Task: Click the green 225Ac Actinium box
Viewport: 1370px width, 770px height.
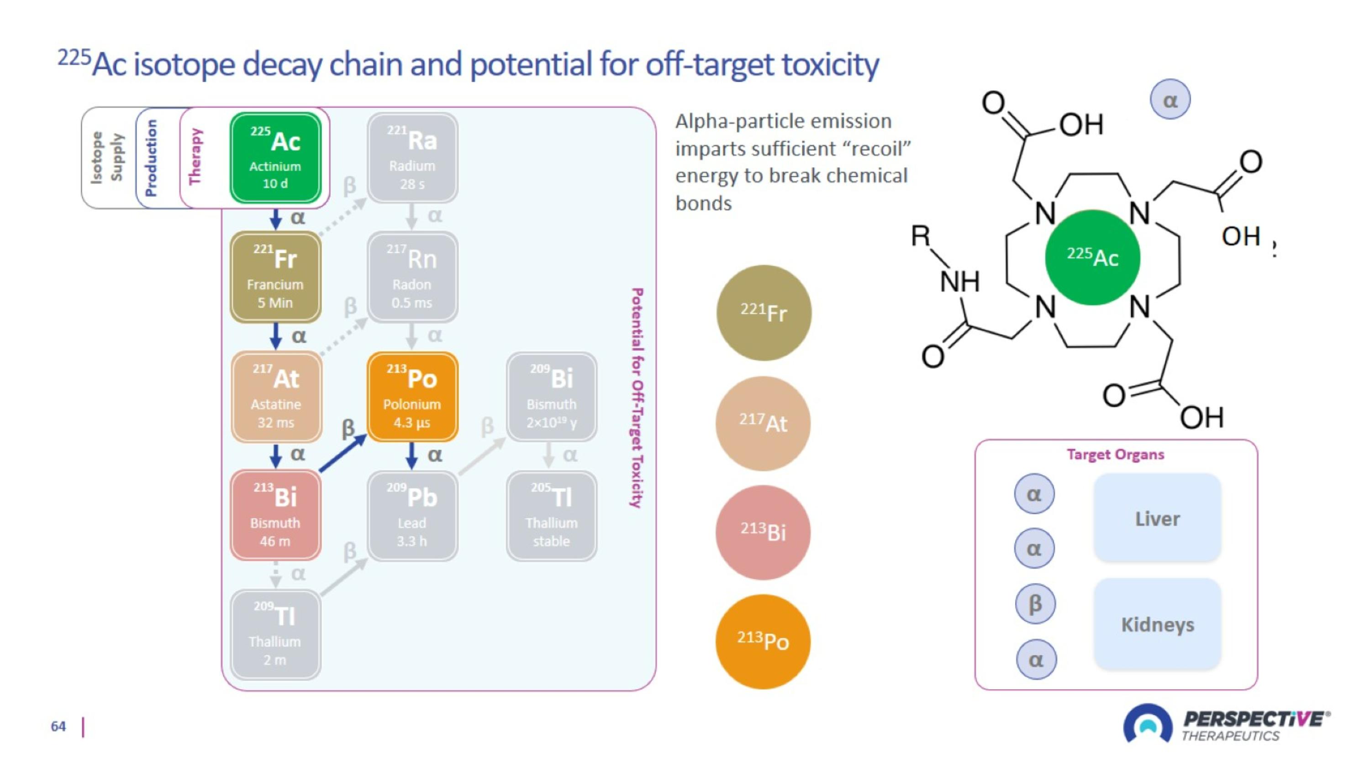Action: click(275, 158)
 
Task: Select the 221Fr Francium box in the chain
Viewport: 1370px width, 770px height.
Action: click(275, 277)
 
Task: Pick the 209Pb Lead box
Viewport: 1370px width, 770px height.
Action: click(412, 515)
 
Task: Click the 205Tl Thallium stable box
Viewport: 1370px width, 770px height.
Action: click(552, 515)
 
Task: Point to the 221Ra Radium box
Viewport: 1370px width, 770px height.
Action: click(412, 158)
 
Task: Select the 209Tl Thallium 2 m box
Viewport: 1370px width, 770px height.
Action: click(275, 634)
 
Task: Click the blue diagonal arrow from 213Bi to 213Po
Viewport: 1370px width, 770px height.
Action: click(343, 453)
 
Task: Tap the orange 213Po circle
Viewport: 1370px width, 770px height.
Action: click(763, 641)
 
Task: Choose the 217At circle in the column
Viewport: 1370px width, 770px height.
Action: click(763, 424)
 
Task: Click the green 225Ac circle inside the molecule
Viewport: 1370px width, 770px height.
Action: click(1092, 257)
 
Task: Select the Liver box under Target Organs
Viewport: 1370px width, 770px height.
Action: click(1157, 518)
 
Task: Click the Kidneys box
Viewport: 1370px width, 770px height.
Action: click(1157, 624)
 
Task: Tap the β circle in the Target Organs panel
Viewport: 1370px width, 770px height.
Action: click(1035, 604)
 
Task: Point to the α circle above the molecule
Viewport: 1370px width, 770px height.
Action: click(1170, 100)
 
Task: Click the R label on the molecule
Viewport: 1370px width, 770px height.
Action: click(921, 235)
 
